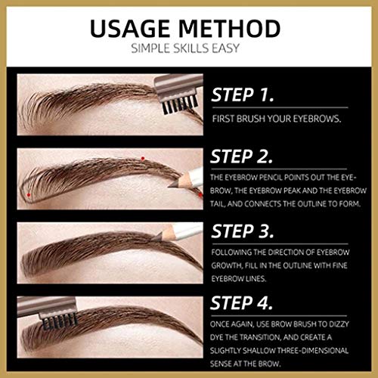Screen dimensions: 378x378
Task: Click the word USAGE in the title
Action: [130, 28]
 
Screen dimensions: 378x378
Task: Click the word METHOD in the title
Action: [230, 28]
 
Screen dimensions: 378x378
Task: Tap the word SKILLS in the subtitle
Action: [191, 48]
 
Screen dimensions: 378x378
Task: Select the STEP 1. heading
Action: [243, 95]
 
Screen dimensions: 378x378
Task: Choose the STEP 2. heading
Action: [242, 156]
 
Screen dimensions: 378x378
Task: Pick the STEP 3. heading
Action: [243, 231]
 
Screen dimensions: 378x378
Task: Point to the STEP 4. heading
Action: [242, 302]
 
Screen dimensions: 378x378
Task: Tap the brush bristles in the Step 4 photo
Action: [60, 321]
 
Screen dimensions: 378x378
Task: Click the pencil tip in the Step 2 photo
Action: [172, 185]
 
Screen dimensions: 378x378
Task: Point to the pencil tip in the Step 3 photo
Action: [156, 237]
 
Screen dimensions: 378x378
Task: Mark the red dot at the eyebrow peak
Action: [143, 159]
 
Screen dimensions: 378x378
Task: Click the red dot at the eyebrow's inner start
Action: [29, 195]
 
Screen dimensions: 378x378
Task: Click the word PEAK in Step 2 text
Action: [292, 191]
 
